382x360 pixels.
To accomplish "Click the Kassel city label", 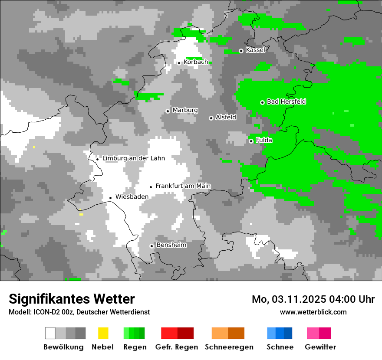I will (255, 50).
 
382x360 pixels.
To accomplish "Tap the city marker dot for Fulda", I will (251, 141).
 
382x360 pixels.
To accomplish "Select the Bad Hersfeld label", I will (286, 101).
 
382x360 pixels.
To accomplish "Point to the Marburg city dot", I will (168, 111).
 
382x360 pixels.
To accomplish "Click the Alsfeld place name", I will (226, 117).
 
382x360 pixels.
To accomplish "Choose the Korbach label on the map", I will (196, 62).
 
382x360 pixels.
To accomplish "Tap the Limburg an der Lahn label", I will (133, 158).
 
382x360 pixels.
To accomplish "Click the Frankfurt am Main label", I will (183, 186).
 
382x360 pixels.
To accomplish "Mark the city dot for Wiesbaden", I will (110, 198).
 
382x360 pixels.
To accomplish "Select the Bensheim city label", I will (171, 245).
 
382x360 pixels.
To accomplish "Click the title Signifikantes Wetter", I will (72, 299).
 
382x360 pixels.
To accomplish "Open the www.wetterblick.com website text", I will (313, 312).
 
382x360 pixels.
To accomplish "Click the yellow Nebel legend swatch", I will (103, 333).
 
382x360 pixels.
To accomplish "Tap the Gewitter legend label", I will (320, 347).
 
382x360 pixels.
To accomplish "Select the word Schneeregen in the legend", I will (229, 347).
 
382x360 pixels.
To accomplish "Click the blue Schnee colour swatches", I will (280, 333).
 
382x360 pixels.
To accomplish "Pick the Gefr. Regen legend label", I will (176, 347).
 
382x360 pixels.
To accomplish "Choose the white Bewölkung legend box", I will (50, 333).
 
